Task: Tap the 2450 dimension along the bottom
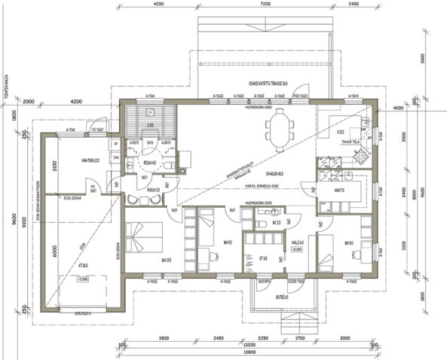pos(218,338)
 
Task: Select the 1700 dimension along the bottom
pos(299,338)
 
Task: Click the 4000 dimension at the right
pos(398,108)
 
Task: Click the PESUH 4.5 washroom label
pos(149,161)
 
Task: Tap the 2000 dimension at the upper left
pos(29,101)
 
